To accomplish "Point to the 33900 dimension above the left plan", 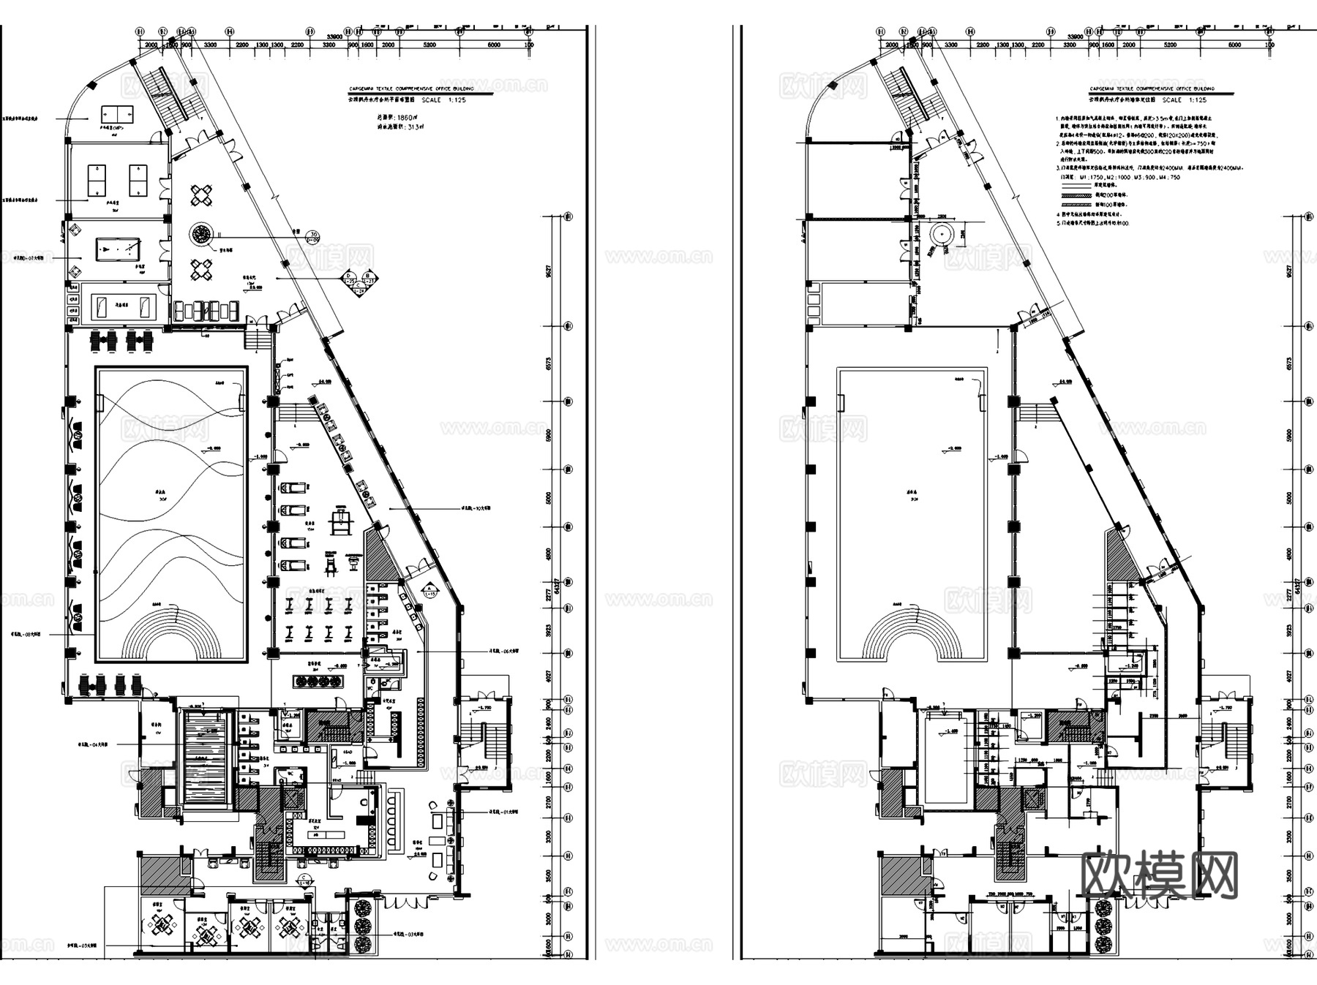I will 336,37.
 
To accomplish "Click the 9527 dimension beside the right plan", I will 1289,270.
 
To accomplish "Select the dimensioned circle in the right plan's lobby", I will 940,235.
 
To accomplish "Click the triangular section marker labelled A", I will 429,589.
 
